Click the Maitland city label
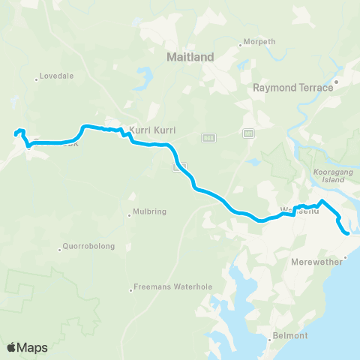tap(190, 56)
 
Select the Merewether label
tap(316, 262)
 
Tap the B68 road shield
tap(209, 137)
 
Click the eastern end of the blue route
tap(348, 233)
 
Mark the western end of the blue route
tap(15, 134)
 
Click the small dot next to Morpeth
tap(240, 44)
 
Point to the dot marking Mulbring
tap(129, 214)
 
